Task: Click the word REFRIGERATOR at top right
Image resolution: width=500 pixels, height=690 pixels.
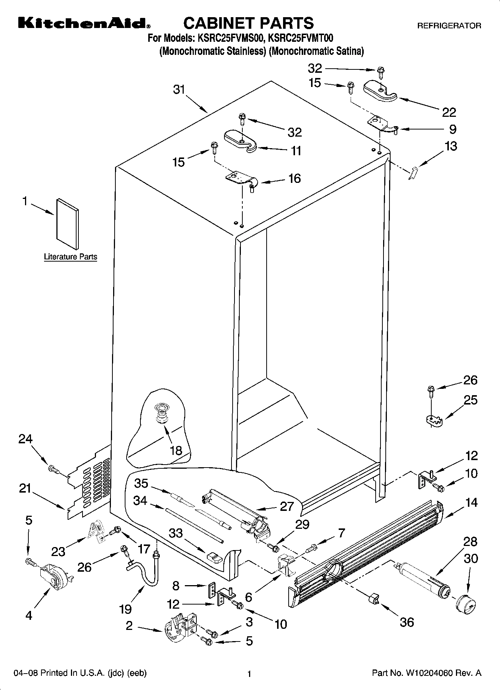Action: [449, 26]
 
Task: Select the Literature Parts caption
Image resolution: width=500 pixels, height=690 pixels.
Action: [70, 257]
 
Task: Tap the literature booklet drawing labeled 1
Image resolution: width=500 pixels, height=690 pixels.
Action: [68, 224]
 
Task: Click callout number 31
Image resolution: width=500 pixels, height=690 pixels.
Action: [179, 90]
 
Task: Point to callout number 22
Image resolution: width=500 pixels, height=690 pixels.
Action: [449, 112]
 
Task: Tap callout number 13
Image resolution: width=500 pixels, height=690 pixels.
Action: [451, 146]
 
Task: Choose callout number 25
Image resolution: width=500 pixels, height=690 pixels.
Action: [470, 400]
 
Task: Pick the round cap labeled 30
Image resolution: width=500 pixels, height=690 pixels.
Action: [466, 602]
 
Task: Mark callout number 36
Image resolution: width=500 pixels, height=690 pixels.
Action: [407, 622]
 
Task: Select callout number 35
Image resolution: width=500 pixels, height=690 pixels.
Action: [142, 483]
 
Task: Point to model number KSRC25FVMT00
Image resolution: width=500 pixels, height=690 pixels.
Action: [300, 38]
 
